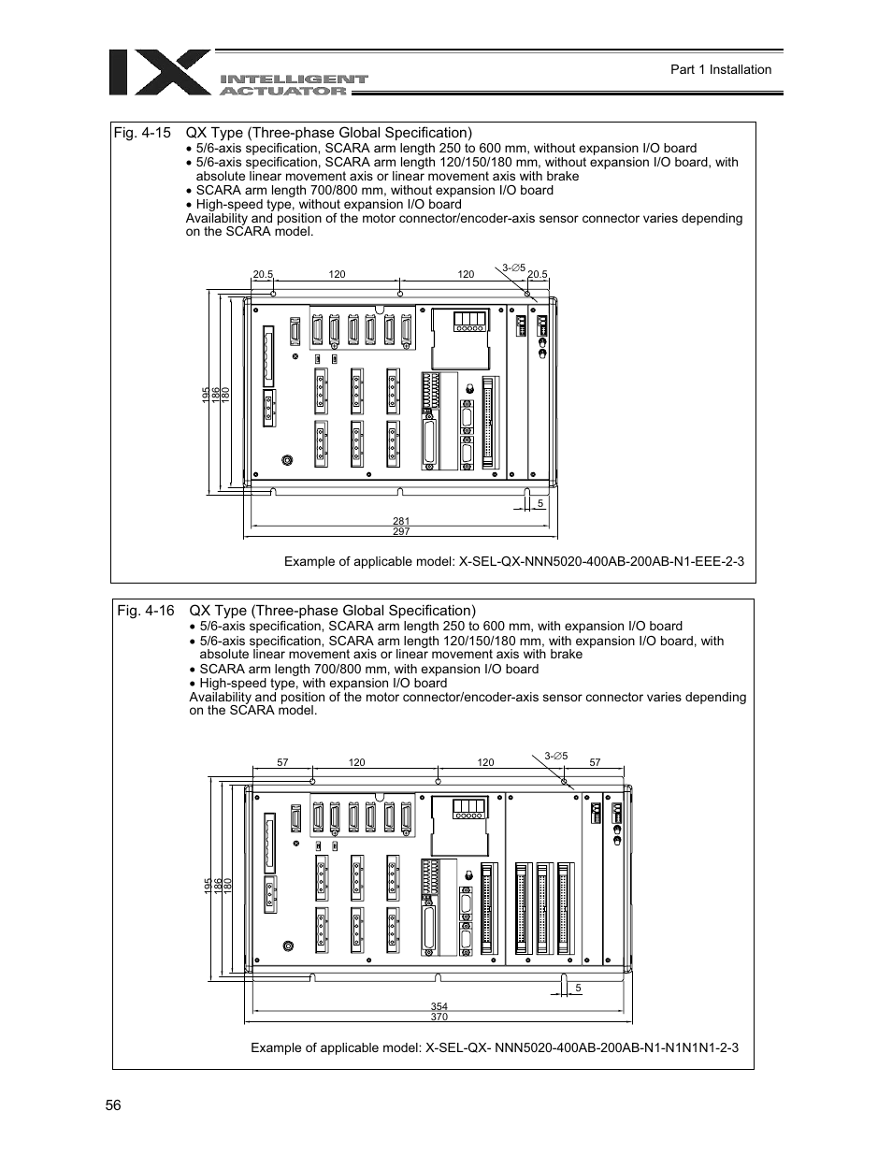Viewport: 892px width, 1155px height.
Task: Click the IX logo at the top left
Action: (x=159, y=72)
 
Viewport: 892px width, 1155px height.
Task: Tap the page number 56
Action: (x=113, y=1105)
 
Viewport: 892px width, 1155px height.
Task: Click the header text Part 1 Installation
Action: (x=721, y=69)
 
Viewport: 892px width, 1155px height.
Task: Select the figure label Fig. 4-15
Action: (x=142, y=133)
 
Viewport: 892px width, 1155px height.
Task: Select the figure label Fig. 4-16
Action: (x=146, y=611)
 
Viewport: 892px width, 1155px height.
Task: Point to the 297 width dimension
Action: (x=401, y=531)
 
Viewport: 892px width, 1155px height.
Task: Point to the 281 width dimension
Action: (x=401, y=521)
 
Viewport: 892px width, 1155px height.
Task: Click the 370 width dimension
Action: (x=439, y=1017)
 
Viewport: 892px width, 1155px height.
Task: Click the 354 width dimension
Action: (x=439, y=1006)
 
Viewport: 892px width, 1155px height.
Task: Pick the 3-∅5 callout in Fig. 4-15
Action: (x=514, y=267)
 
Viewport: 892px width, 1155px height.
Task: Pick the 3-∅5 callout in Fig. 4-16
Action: (x=556, y=755)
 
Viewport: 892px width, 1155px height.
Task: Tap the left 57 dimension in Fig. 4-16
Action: (x=282, y=762)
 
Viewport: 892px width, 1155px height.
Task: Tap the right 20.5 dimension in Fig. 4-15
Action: (x=538, y=274)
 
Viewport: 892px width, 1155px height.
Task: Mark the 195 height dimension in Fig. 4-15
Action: (x=207, y=396)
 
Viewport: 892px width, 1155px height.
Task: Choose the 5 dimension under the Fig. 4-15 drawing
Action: (x=540, y=504)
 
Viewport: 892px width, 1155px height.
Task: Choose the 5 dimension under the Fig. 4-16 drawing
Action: (x=579, y=989)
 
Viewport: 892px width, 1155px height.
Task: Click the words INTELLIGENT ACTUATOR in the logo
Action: (x=294, y=85)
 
